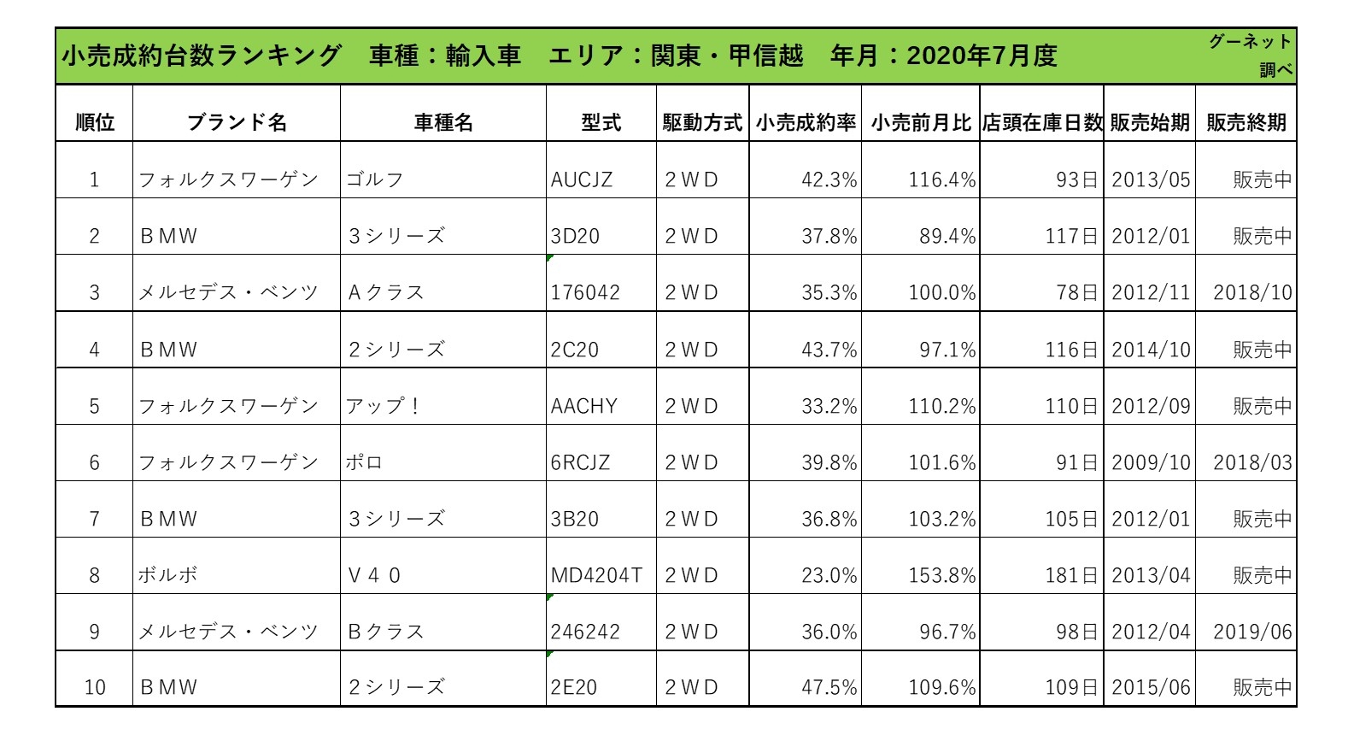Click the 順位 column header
click(94, 122)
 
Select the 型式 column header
click(601, 122)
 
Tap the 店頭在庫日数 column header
click(1041, 122)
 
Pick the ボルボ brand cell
click(168, 575)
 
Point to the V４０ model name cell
click(374, 575)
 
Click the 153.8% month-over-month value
click(941, 575)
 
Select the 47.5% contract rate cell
click(829, 687)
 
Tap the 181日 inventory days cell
click(1071, 575)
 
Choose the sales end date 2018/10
click(1252, 292)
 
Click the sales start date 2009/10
click(1151, 462)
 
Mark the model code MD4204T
click(596, 575)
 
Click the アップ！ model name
click(384, 406)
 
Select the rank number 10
click(95, 687)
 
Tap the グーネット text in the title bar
click(1249, 42)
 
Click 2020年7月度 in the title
click(982, 56)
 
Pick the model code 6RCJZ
click(580, 462)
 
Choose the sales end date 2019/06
click(1252, 632)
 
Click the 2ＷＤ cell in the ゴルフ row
click(691, 179)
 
